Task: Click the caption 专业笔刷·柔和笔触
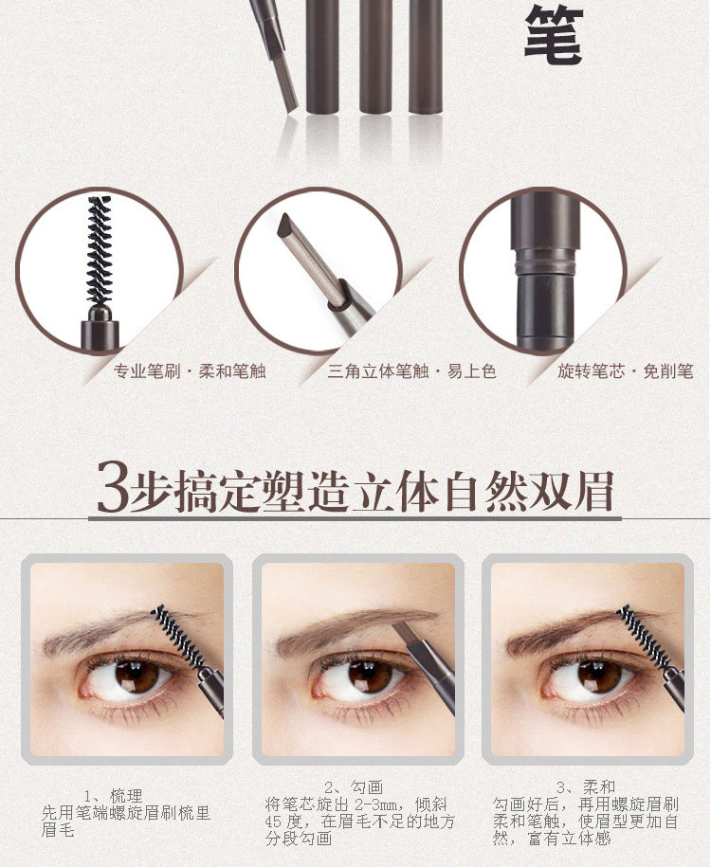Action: [190, 371]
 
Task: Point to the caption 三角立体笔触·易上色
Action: [411, 371]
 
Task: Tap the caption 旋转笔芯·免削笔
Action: [625, 371]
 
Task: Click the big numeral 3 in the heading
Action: [112, 490]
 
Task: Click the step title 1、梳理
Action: [114, 796]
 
